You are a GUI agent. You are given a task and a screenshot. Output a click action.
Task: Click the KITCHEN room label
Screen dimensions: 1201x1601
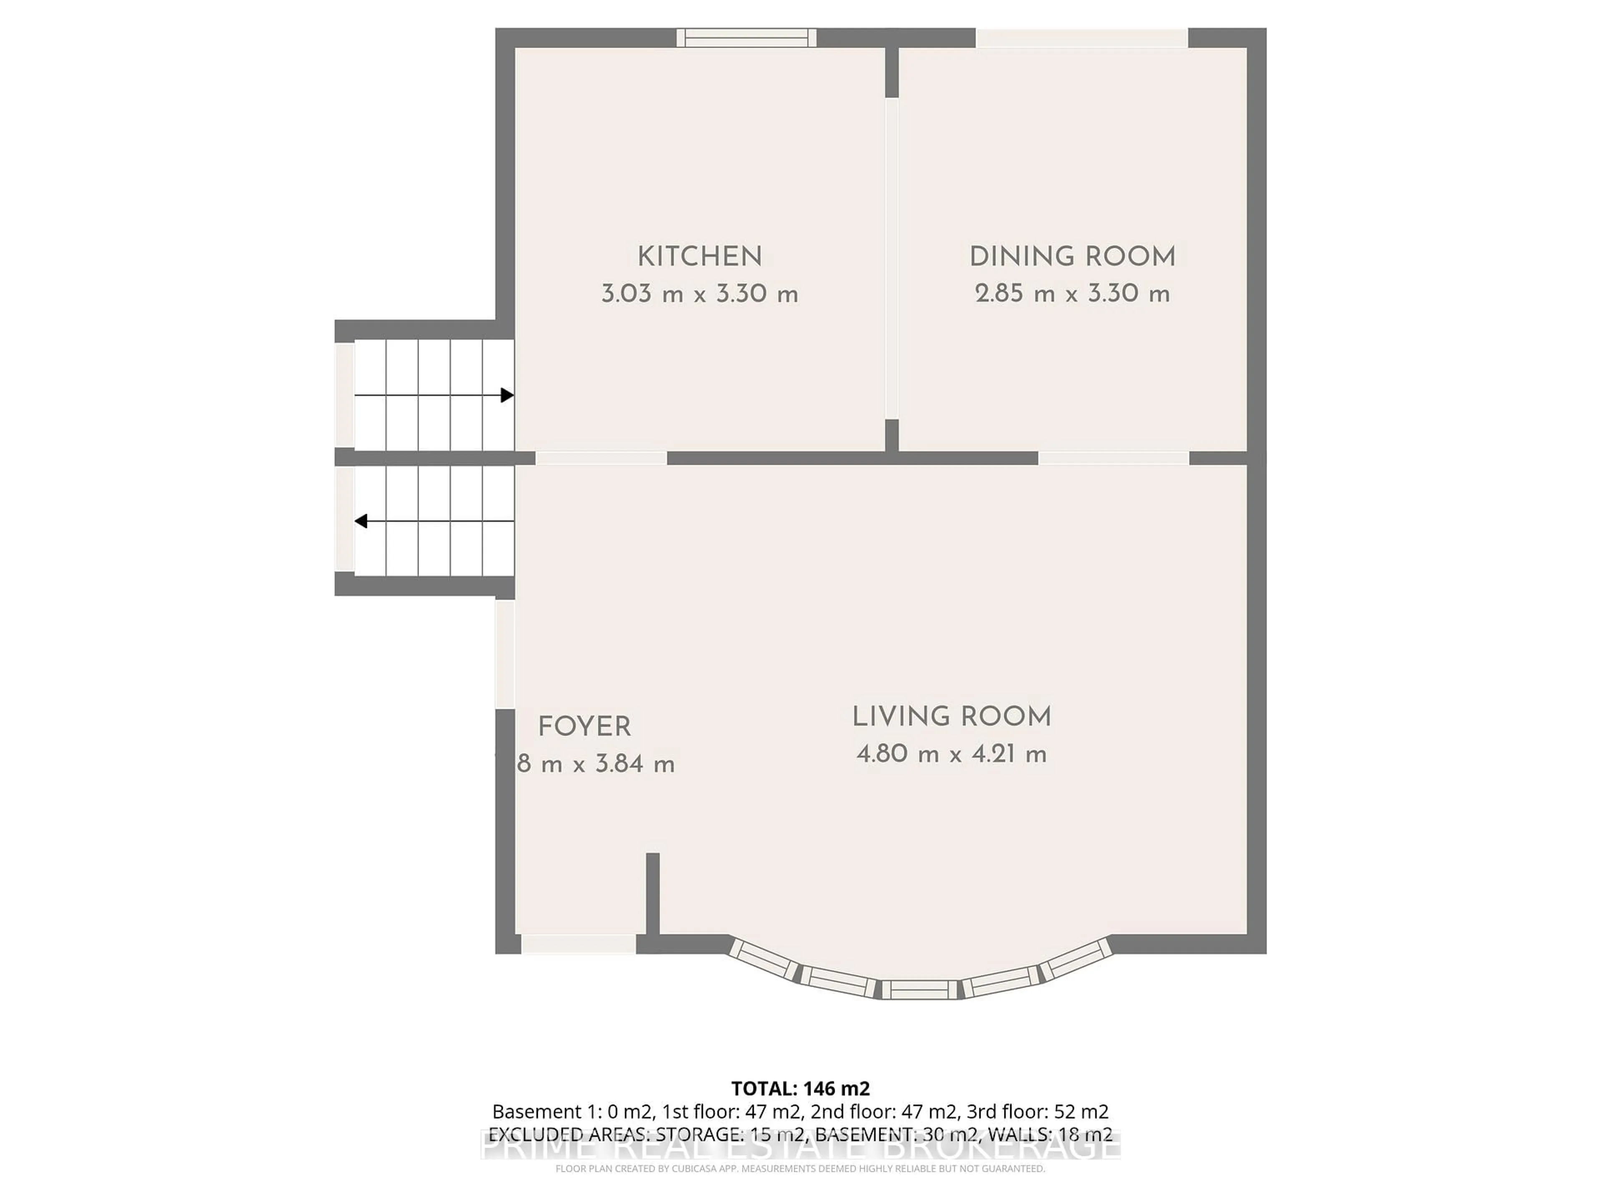pyautogui.click(x=699, y=257)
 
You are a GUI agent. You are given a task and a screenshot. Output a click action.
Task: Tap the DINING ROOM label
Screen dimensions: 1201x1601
pyautogui.click(x=1072, y=257)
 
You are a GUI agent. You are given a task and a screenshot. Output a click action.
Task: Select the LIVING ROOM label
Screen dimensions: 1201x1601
pyautogui.click(x=951, y=717)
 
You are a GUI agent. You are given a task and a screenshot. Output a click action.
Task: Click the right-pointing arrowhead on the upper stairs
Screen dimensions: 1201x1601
pyautogui.click(x=507, y=395)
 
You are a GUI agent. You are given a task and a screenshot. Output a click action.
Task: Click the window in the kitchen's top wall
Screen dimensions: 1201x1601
pyautogui.click(x=746, y=38)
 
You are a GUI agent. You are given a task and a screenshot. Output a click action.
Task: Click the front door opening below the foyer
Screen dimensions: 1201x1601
pyautogui.click(x=578, y=944)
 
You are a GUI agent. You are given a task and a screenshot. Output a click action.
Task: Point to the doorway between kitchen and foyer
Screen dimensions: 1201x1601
pyautogui.click(x=601, y=457)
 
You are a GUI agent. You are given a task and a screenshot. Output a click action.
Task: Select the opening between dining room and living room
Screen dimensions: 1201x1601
pyautogui.click(x=1113, y=457)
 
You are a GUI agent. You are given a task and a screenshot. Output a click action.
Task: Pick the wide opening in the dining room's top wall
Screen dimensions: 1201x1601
pyautogui.click(x=1082, y=38)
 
